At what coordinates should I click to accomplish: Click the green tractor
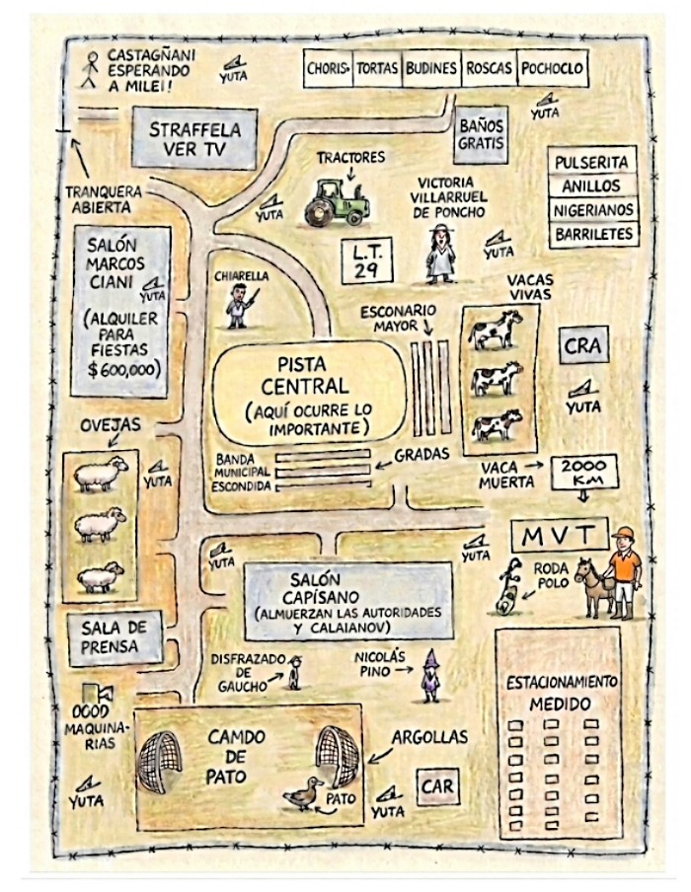coord(337,202)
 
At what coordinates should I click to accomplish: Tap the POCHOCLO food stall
coord(552,68)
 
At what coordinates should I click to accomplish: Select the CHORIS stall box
coord(328,68)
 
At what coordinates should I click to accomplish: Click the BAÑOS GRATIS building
coord(481,134)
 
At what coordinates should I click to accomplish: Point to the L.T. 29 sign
coord(367,260)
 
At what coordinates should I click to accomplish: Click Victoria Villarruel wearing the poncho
coord(441,254)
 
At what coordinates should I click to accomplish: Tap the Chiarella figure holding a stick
coord(240,306)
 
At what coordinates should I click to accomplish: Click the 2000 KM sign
coord(584,473)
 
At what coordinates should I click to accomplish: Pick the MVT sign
coord(560,535)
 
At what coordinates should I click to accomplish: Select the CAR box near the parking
coord(437,786)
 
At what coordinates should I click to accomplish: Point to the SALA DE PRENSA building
coord(115,638)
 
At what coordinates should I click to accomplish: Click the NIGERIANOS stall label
coord(593,210)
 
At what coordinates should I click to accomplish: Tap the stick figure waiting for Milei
coord(90,70)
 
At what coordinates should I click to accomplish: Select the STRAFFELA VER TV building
coord(194,138)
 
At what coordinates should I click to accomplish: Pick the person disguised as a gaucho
coord(294,672)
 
